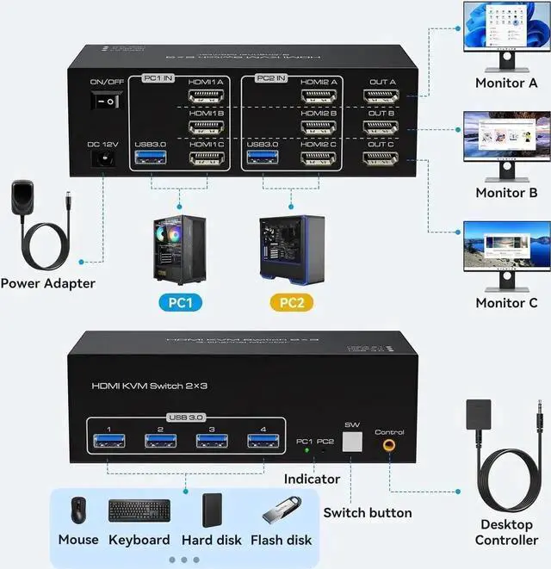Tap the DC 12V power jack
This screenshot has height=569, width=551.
coord(103,160)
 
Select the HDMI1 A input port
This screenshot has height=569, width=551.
coord(206,97)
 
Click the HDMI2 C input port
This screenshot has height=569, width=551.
coord(318,158)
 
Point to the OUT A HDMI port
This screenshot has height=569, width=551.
coord(381,97)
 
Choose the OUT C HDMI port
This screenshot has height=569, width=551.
coord(381,158)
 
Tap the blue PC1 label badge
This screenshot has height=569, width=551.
coord(178,303)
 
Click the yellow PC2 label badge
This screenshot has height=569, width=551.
coord(291,303)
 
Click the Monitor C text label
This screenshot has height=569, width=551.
coord(506,303)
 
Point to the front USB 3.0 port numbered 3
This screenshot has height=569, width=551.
coord(211,442)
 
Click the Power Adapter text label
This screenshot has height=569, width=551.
coord(47,283)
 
